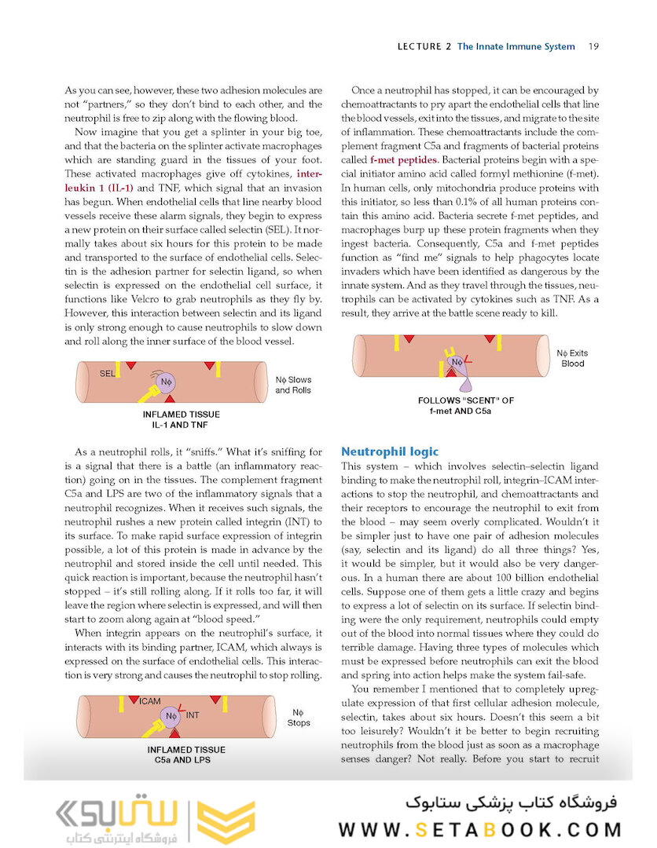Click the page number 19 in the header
tap(594, 46)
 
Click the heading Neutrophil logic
tap(390, 451)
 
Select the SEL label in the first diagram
tap(108, 375)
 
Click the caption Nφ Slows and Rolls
tap(293, 385)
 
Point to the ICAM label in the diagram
tap(149, 701)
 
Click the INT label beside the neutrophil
tap(193, 715)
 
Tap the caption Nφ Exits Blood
tap(572, 359)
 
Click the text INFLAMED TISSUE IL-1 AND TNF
tap(182, 419)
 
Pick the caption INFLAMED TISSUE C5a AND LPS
tap(183, 754)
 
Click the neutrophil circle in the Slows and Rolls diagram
tap(166, 382)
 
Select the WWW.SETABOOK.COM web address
tap(480, 830)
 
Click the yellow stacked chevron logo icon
tap(226, 821)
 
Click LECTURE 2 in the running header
tap(424, 46)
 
